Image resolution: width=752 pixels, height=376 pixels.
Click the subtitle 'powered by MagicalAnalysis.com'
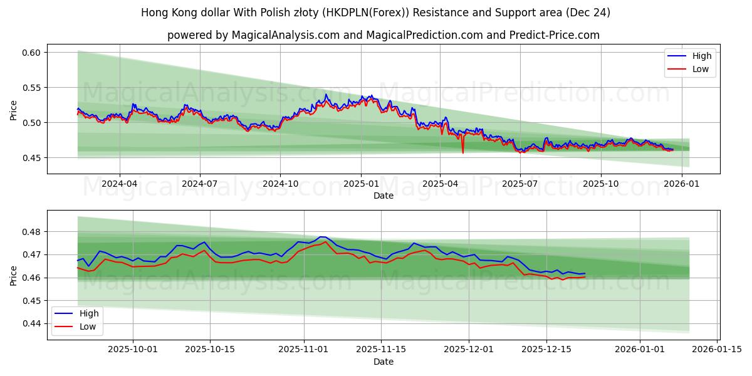(x=383, y=35)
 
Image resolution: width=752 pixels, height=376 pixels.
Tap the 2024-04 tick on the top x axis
(x=119, y=184)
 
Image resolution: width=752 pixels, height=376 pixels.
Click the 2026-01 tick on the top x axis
(x=681, y=184)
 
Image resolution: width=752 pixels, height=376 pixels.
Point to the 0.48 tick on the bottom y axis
(x=31, y=232)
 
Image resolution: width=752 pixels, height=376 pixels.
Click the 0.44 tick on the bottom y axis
(x=31, y=323)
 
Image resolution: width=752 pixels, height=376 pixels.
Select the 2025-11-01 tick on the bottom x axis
(x=304, y=350)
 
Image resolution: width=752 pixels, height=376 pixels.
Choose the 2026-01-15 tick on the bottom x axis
(x=717, y=350)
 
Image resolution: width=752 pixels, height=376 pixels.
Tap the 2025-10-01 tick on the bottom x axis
(x=133, y=350)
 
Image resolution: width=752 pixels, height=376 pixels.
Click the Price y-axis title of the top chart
(x=14, y=110)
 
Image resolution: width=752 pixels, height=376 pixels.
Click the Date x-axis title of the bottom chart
(x=383, y=362)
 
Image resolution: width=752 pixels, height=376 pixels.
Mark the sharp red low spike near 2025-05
(x=463, y=152)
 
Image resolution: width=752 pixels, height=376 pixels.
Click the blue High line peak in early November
(x=322, y=237)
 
